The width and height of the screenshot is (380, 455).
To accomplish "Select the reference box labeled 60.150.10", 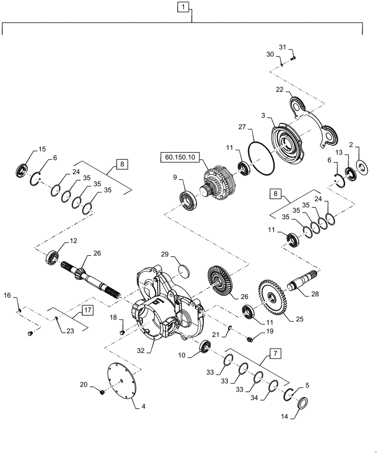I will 180,157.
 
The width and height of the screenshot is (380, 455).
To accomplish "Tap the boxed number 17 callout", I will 88,311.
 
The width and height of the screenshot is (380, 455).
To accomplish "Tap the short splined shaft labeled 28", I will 303,282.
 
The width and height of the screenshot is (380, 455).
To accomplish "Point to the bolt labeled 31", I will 293,58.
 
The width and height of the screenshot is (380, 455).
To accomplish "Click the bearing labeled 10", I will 205,347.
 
